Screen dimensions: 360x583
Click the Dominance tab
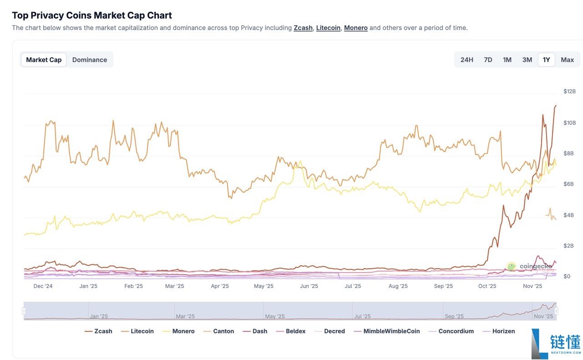coord(89,60)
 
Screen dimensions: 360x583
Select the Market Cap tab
coord(44,60)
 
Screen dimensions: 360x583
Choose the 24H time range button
coord(466,60)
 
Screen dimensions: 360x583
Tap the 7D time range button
coord(488,60)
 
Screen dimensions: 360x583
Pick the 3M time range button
coord(527,60)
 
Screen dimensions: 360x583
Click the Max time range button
coord(567,60)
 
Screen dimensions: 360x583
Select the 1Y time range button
coord(546,60)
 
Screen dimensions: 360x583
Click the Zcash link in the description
coord(303,28)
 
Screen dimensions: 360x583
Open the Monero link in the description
coord(356,28)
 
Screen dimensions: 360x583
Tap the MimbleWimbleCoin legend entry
coord(387,331)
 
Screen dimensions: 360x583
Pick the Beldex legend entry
coord(291,331)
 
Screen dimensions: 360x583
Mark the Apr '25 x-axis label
coord(220,286)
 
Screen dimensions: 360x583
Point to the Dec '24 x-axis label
coord(43,286)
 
